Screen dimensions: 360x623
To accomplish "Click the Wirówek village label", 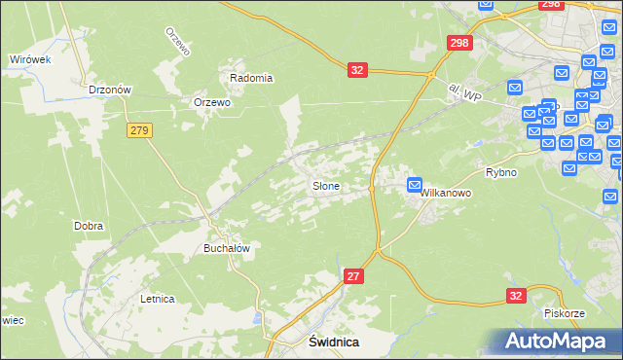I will tap(29, 59).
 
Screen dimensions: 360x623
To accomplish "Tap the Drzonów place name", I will tap(109, 89).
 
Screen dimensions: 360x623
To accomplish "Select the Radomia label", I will tap(250, 78).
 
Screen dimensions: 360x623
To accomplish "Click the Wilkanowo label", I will tap(446, 193).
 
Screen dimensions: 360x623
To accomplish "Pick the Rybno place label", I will tap(501, 171).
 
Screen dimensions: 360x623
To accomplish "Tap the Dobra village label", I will tap(89, 226).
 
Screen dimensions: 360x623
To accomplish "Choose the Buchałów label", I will tap(227, 248).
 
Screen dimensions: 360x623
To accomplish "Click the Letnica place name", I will tap(157, 299).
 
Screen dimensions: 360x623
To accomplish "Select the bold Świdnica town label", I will tap(334, 342).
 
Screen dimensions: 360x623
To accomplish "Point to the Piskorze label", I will tap(565, 313).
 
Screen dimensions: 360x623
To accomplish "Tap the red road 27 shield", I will tap(354, 277).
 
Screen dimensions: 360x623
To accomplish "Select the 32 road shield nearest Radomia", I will tap(357, 70).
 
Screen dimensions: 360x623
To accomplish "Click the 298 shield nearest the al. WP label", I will tap(459, 43).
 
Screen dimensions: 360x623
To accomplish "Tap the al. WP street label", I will tap(466, 91).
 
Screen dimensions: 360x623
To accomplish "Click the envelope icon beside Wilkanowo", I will tap(415, 184).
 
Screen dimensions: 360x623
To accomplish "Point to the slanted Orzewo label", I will tap(176, 42).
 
